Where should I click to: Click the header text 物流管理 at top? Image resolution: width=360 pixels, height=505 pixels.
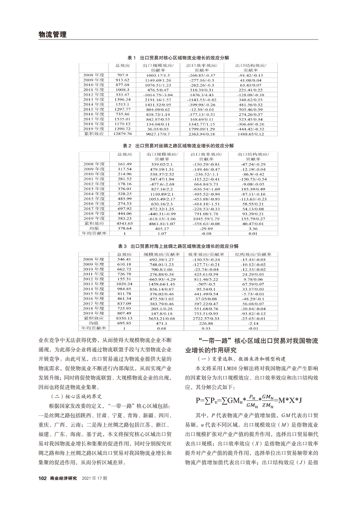pyautogui.click(x=52, y=34)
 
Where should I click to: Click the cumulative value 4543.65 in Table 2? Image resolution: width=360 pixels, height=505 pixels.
pyautogui.click(x=124, y=223)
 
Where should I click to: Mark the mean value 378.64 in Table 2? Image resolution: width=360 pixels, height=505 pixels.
pyautogui.click(x=124, y=228)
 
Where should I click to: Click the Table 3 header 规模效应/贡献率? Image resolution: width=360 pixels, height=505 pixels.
pyautogui.click(x=158, y=254)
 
